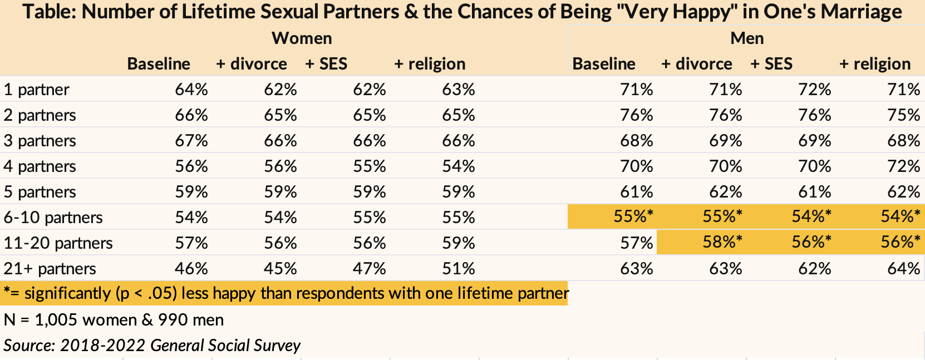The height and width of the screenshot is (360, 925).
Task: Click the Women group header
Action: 302,38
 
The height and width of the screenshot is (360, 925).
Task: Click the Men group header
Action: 746,38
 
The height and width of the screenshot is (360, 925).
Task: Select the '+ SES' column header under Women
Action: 326,64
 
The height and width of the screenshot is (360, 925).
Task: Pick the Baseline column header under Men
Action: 604,64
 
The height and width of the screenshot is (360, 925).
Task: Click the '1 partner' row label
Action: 36,90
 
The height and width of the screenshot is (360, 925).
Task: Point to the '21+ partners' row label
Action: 50,269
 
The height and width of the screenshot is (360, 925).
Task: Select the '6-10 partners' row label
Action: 53,218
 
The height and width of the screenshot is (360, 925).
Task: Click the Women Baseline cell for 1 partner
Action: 191,90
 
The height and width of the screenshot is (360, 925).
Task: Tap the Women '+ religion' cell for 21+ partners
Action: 459,269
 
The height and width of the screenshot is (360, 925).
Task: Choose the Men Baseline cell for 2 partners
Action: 636,115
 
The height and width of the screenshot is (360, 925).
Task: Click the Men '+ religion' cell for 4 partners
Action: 903,166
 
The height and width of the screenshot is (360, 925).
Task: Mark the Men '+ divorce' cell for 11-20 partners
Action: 722,242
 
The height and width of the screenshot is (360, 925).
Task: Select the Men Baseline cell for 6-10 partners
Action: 633,216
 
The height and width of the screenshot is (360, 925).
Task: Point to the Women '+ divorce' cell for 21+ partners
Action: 281,269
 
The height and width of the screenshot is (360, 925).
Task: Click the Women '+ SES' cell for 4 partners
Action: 369,166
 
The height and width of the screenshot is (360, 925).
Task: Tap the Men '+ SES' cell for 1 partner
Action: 814,90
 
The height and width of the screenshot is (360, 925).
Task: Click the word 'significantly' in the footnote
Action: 68,294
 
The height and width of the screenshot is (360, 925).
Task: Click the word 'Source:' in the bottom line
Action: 29,346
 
